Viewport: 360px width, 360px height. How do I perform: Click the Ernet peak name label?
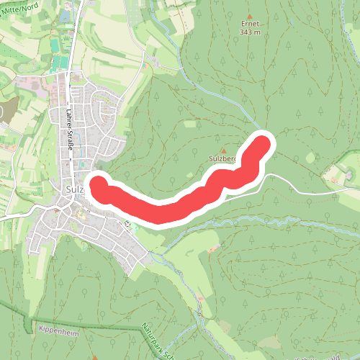[x=250, y=23]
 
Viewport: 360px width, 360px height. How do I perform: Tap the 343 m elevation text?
[x=250, y=32]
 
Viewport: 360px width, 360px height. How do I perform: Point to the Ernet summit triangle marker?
[x=250, y=15]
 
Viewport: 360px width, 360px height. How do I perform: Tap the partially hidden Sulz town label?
[x=74, y=189]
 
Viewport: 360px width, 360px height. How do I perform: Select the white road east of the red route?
[x=302, y=189]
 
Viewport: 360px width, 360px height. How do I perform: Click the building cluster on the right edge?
[x=348, y=174]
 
